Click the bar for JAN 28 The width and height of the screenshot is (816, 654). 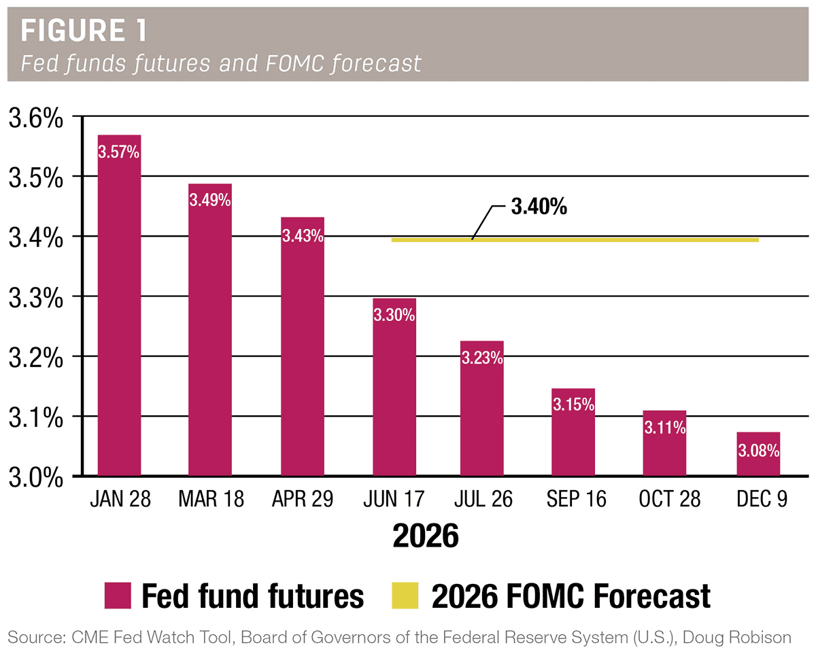(x=119, y=306)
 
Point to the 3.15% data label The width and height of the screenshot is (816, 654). (x=573, y=405)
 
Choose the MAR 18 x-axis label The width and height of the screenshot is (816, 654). (x=210, y=500)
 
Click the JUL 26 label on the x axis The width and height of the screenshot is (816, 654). (x=482, y=500)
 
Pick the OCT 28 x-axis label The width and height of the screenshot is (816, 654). (x=669, y=500)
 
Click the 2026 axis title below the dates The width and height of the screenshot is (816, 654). (x=426, y=536)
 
